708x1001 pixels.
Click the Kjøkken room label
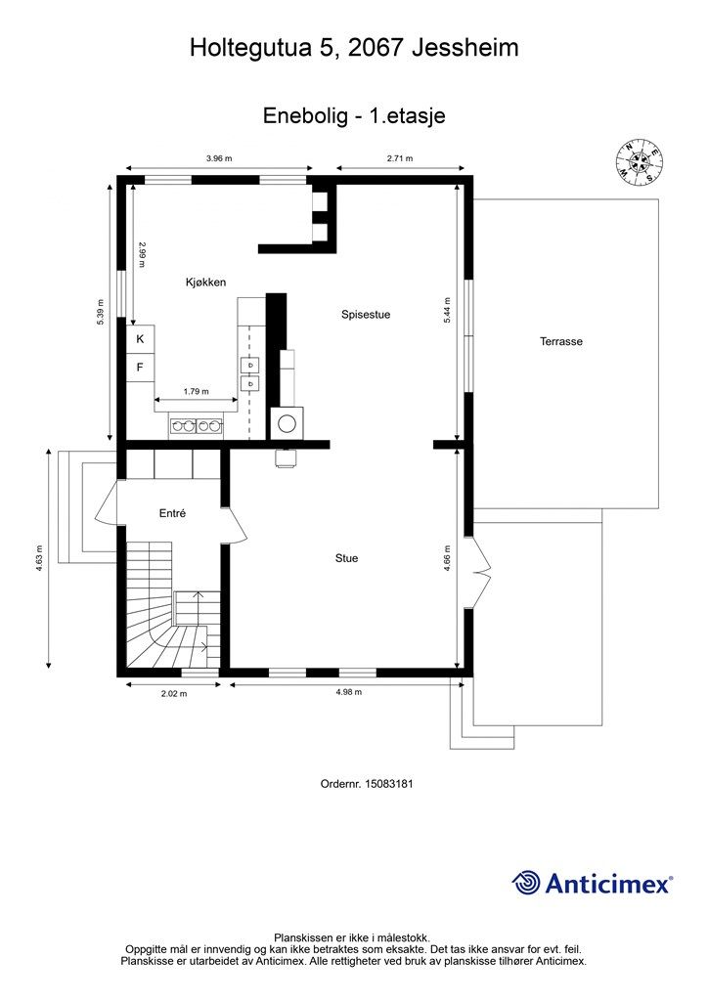click(205, 283)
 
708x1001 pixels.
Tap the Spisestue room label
click(366, 315)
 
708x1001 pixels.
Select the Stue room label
click(346, 558)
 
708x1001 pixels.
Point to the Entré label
click(172, 513)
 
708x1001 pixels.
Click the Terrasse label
click(561, 341)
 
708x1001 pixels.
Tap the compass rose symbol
click(639, 162)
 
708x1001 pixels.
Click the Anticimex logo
click(593, 884)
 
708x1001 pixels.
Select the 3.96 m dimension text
click(219, 158)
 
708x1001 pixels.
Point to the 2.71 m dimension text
click(400, 158)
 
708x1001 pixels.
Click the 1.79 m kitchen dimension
click(196, 391)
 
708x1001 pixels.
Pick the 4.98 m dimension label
click(348, 692)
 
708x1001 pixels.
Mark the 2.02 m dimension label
click(174, 694)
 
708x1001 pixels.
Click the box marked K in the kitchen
click(141, 339)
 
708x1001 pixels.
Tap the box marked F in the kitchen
click(141, 368)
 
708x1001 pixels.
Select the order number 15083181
click(389, 783)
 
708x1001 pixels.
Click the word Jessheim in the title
click(465, 48)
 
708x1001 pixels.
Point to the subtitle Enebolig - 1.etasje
click(354, 115)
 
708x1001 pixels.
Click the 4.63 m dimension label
click(39, 558)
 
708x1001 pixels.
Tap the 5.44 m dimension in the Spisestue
click(447, 311)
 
